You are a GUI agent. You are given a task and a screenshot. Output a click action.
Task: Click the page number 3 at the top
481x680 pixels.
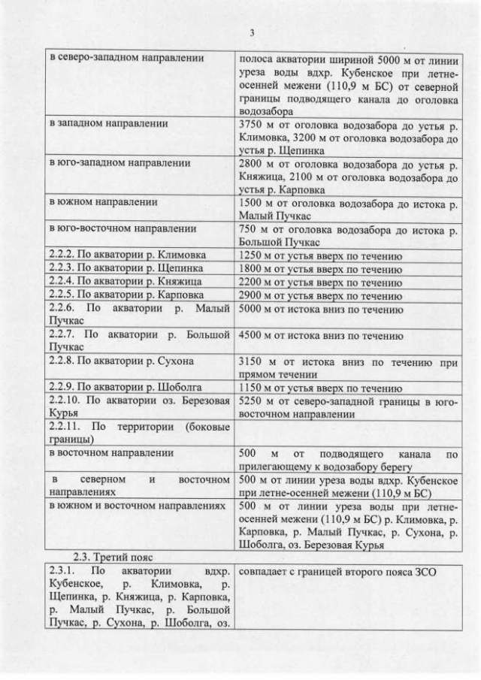pos(251,32)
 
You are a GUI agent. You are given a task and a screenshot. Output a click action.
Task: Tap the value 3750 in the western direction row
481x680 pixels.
pos(251,123)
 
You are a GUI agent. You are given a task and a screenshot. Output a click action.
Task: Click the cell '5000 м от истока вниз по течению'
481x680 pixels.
pos(320,310)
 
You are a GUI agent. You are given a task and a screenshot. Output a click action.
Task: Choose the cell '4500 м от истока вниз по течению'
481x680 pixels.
pos(320,336)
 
